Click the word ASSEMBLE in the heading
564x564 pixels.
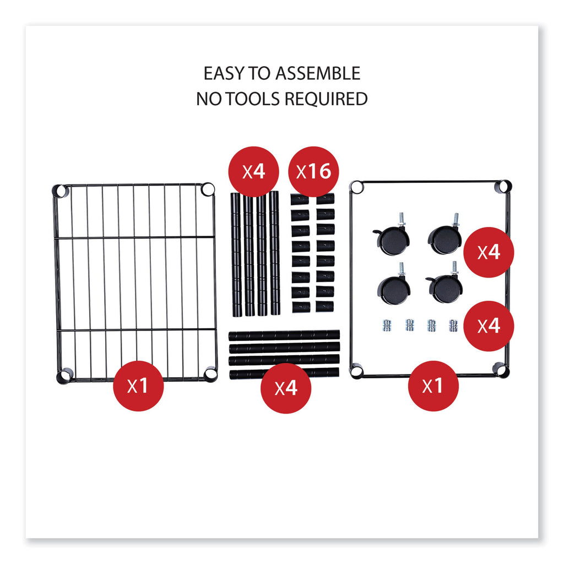[x=318, y=73]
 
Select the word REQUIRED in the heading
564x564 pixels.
[x=326, y=99]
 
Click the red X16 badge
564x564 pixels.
[x=313, y=172]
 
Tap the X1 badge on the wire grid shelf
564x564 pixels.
[x=138, y=386]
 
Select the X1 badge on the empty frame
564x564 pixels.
[x=433, y=386]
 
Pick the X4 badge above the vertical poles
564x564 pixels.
[x=253, y=172]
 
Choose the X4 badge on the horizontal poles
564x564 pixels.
[x=286, y=388]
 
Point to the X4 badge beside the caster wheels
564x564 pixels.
[x=489, y=252]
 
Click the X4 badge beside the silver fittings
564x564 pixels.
[x=489, y=326]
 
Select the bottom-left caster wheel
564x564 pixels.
[x=394, y=285]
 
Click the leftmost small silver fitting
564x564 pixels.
[x=387, y=326]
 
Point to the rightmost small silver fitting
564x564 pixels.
[x=453, y=326]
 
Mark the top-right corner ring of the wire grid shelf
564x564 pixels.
[x=208, y=189]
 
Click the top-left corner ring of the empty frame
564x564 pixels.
[x=356, y=187]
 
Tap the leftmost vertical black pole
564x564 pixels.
[x=237, y=254]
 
